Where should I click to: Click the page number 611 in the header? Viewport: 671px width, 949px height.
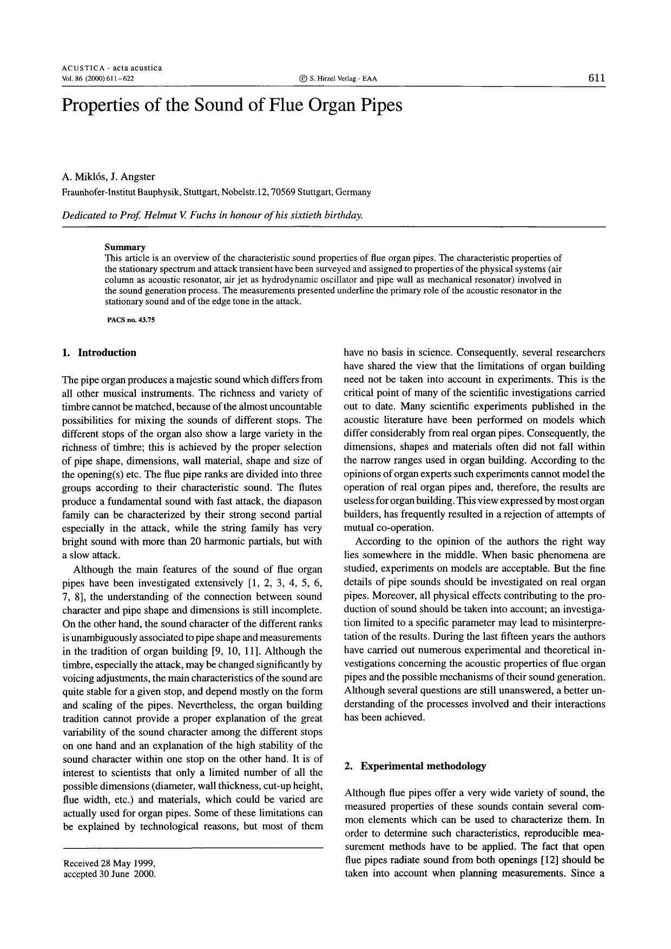pyautogui.click(x=596, y=78)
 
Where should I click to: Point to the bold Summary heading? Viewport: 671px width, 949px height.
pyautogui.click(x=125, y=247)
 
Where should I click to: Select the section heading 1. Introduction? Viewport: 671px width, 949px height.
pyautogui.click(x=100, y=353)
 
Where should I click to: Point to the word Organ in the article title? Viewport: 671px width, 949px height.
pyautogui.click(x=335, y=104)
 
